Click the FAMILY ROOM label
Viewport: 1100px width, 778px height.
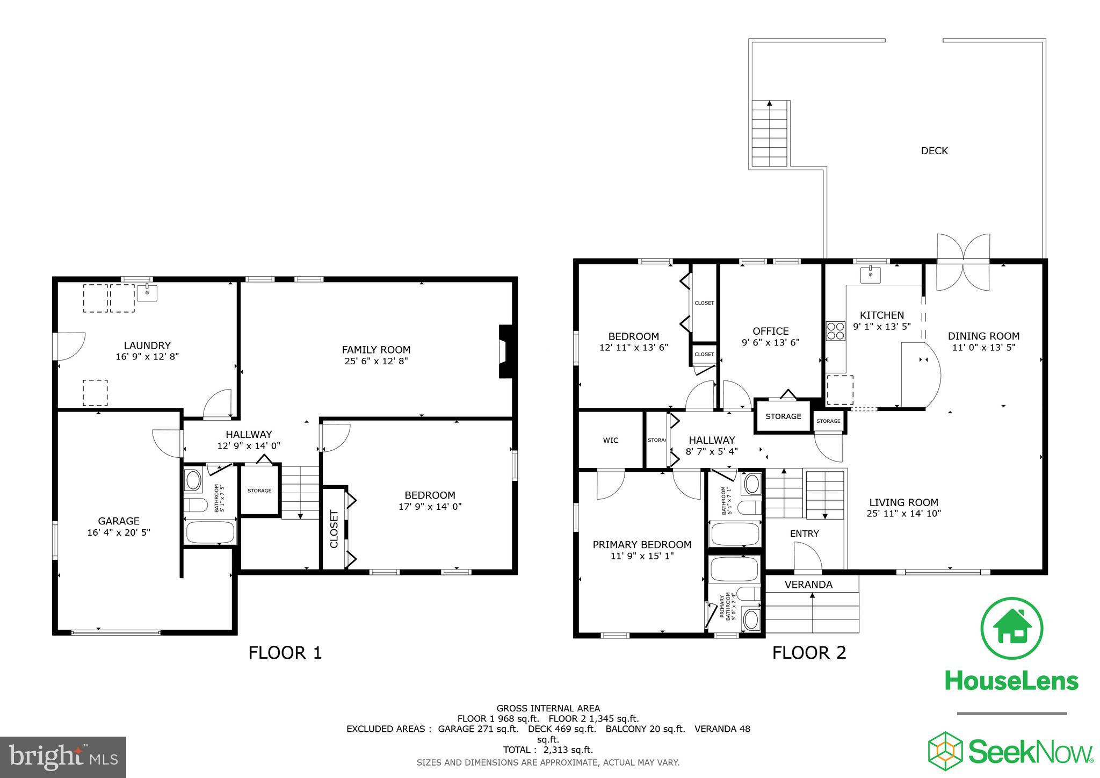pyautogui.click(x=376, y=350)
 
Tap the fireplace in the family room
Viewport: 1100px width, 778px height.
pyautogui.click(x=506, y=351)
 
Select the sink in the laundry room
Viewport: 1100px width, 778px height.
pyautogui.click(x=147, y=293)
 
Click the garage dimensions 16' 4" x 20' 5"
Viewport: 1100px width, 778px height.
pyautogui.click(x=119, y=532)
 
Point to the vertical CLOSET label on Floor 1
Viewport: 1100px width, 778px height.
pyautogui.click(x=334, y=529)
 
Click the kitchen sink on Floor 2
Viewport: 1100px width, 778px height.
pyautogui.click(x=870, y=275)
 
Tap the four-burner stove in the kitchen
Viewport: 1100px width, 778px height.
pyautogui.click(x=835, y=330)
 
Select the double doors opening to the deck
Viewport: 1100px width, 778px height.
pyautogui.click(x=963, y=262)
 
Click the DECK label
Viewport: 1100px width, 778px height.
pyautogui.click(x=934, y=151)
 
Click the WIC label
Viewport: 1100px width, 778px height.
pyautogui.click(x=611, y=441)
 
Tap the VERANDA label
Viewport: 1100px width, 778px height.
pyautogui.click(x=808, y=585)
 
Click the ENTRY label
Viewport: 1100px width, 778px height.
pyautogui.click(x=804, y=534)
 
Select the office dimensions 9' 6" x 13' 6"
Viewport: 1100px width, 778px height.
pyautogui.click(x=770, y=342)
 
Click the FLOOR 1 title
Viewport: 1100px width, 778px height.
pyautogui.click(x=285, y=653)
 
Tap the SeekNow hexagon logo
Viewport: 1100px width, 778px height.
pyautogui.click(x=946, y=751)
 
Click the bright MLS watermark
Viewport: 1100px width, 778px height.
pyautogui.click(x=63, y=757)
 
